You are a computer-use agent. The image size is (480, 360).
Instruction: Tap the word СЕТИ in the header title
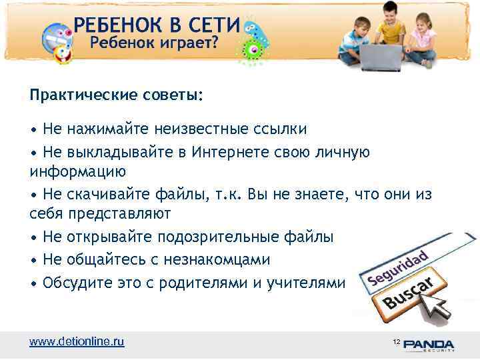click(207, 26)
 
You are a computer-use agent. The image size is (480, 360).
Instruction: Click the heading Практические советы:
click(117, 95)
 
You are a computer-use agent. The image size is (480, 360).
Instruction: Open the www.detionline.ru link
click(77, 342)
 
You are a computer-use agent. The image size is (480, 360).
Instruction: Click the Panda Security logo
click(427, 344)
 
